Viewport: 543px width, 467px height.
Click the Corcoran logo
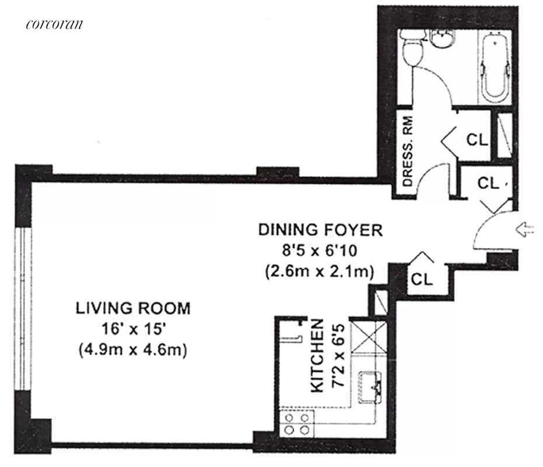coord(54,24)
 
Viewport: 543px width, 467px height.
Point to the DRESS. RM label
coord(408,151)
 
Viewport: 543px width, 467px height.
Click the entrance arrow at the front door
coord(525,229)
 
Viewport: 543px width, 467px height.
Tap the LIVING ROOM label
coord(133,308)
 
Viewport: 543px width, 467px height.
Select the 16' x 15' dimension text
coord(133,329)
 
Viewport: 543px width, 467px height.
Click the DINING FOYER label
coord(321,230)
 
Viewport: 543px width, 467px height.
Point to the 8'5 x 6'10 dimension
coord(319,250)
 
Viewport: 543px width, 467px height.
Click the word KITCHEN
coord(317,356)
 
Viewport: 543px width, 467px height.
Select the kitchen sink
coord(370,387)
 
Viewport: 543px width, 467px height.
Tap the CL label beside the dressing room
coord(477,140)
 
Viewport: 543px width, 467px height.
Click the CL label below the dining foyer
coord(422,279)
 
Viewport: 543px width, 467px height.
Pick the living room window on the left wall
coord(23,309)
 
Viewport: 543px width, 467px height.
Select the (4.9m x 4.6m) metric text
coord(133,350)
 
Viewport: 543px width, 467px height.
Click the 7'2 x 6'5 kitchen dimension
coord(338,355)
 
